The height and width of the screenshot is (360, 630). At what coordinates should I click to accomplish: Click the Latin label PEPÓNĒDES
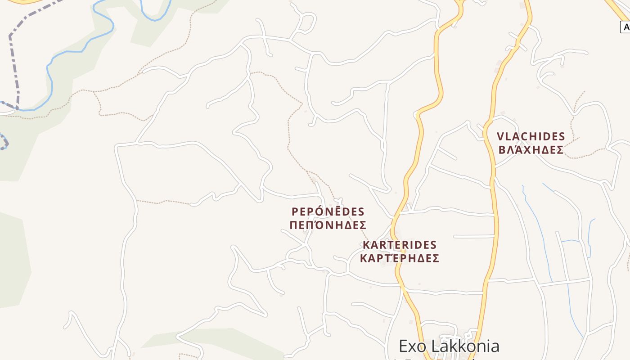click(328, 211)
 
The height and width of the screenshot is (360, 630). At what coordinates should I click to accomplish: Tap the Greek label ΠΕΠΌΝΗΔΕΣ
click(328, 225)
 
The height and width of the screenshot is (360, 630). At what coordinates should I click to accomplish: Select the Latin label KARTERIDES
click(400, 245)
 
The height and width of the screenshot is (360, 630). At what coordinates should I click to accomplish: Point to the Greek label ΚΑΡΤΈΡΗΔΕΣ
click(400, 259)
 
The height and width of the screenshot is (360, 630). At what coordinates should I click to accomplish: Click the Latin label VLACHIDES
click(531, 136)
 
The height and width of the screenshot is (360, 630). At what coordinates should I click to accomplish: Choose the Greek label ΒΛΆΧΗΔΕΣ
click(531, 150)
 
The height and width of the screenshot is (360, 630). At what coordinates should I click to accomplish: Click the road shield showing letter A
click(625, 27)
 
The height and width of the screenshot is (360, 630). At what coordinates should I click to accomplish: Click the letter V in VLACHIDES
click(500, 136)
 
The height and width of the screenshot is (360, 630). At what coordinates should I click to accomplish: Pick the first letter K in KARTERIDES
click(366, 245)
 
